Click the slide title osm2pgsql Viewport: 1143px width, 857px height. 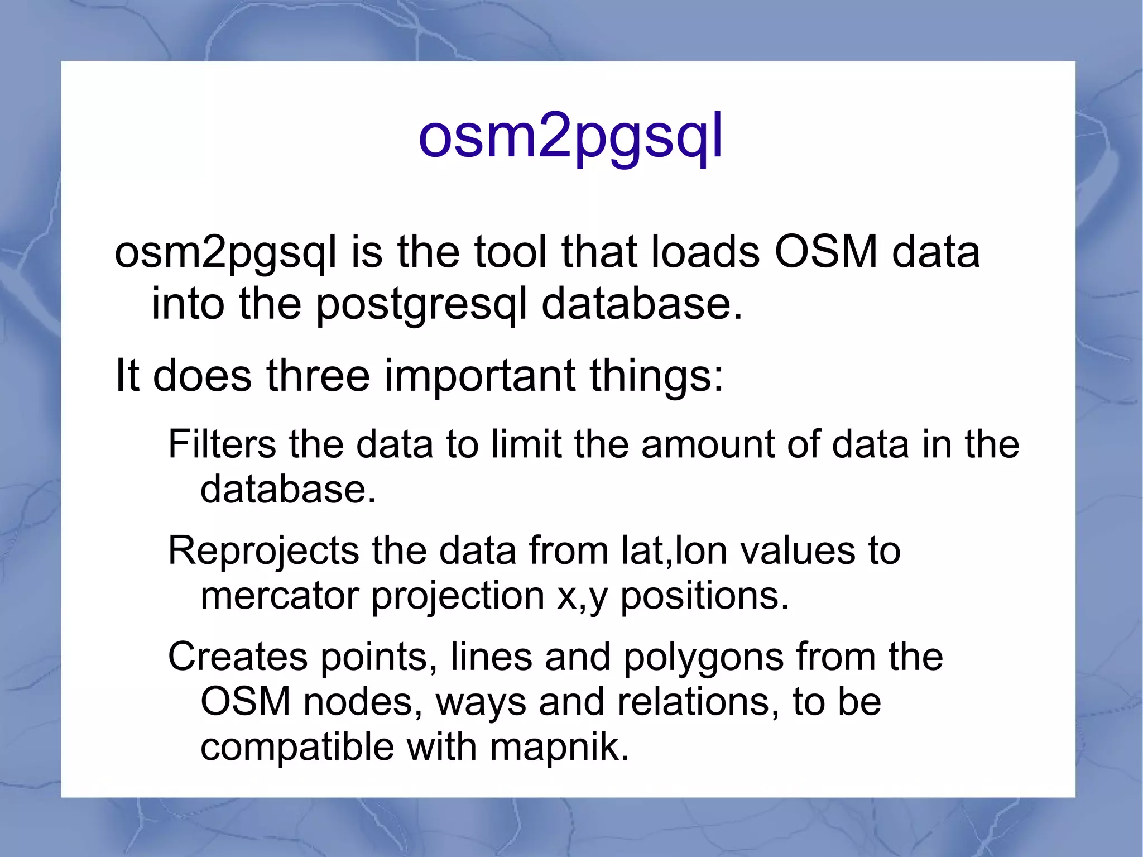[x=570, y=137]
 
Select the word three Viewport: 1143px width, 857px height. [x=318, y=375]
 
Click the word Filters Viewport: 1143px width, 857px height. [x=222, y=444]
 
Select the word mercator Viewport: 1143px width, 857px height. [x=279, y=596]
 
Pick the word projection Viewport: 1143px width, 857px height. [x=458, y=597]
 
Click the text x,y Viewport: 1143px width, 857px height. [x=582, y=597]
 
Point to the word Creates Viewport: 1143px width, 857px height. [x=237, y=657]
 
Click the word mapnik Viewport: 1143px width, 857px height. [x=559, y=748]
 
